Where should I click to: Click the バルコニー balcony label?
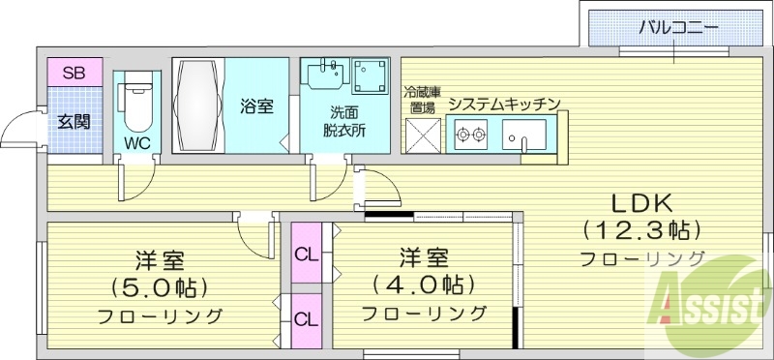pyautogui.click(x=677, y=26)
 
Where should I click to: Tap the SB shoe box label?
pyautogui.click(x=74, y=72)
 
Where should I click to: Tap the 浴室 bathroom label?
pyautogui.click(x=256, y=106)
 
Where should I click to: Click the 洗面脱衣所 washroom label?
pyautogui.click(x=344, y=121)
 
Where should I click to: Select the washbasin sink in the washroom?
pyautogui.click(x=326, y=75)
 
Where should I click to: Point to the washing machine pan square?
pyautogui.click(x=370, y=75)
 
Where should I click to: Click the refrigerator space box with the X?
pyautogui.click(x=423, y=135)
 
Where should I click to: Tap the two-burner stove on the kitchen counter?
pyautogui.click(x=471, y=135)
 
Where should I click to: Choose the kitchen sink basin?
pyautogui.click(x=524, y=135)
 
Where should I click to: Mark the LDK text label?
pyautogui.click(x=640, y=203)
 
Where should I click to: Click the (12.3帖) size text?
pyautogui.click(x=640, y=230)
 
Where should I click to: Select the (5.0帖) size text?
pyautogui.click(x=161, y=287)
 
